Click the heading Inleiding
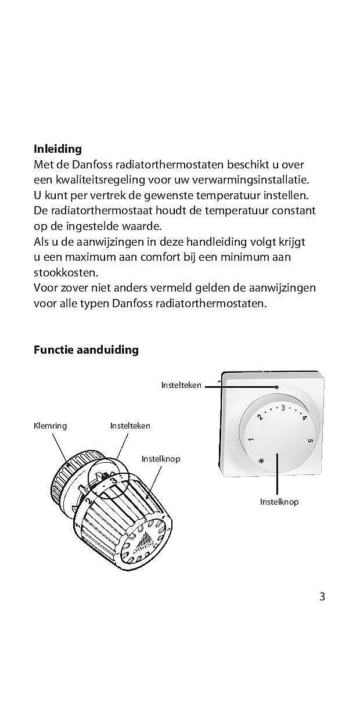click(57, 149)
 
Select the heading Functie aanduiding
click(86, 350)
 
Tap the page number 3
click(322, 596)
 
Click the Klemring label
click(51, 426)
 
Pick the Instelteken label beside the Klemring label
click(130, 426)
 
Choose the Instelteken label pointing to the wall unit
click(181, 385)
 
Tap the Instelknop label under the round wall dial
click(279, 501)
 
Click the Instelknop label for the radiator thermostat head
click(161, 459)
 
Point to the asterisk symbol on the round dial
click(261, 461)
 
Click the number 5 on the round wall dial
click(311, 440)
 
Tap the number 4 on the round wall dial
click(304, 417)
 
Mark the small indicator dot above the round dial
click(278, 386)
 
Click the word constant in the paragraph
click(290, 210)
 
